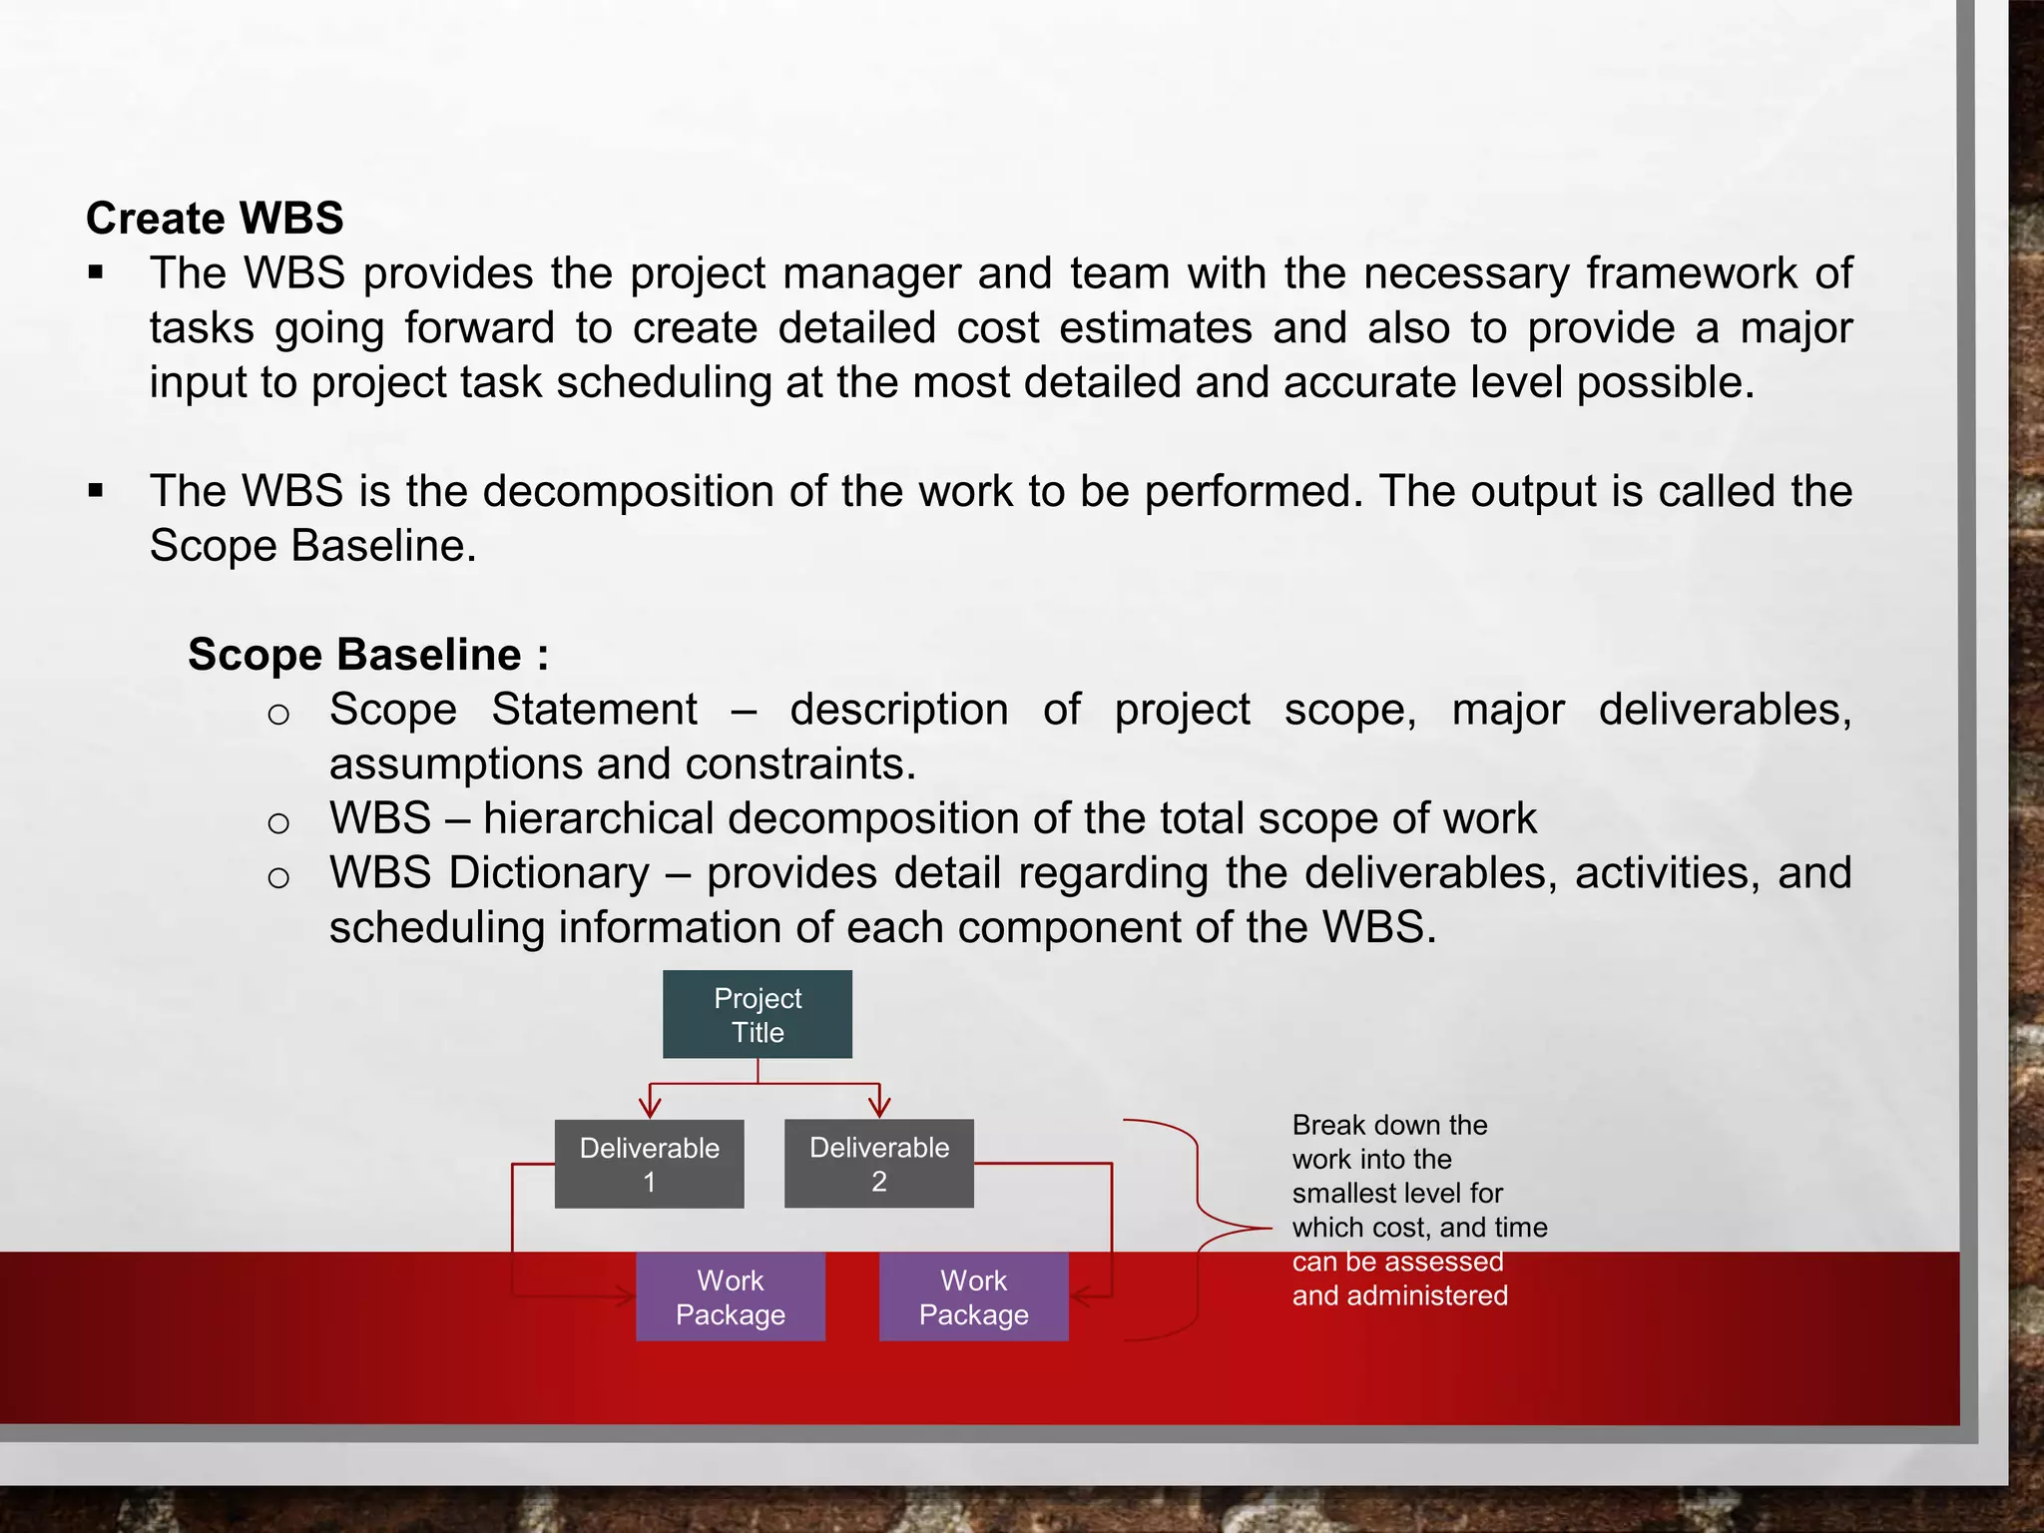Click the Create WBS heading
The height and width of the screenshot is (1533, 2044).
click(215, 218)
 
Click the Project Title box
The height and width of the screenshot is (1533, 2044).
click(758, 1014)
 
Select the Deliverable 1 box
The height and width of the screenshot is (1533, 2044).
click(649, 1164)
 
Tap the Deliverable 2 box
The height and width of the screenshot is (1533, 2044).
click(878, 1164)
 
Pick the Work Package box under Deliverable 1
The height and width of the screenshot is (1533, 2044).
click(731, 1296)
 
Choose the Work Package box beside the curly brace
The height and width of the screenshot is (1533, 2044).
click(973, 1296)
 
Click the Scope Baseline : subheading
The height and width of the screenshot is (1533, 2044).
click(368, 655)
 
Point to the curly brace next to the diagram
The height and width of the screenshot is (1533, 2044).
click(1198, 1229)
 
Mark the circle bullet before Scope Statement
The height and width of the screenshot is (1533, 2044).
click(278, 714)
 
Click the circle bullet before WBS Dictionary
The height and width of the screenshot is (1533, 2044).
click(278, 877)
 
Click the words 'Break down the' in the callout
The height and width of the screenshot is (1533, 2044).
click(1389, 1125)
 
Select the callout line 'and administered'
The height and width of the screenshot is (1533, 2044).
click(1399, 1295)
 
